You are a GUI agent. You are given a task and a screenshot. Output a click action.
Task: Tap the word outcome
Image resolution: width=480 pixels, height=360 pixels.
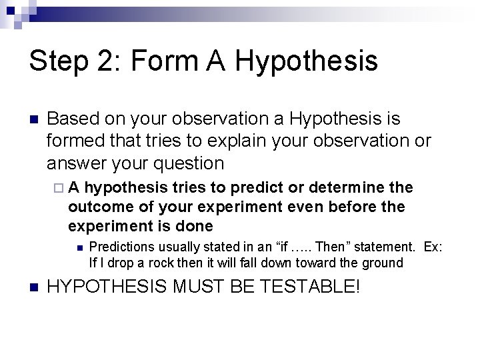tap(95, 207)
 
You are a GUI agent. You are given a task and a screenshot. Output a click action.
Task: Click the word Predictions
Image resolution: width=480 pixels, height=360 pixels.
tap(121, 247)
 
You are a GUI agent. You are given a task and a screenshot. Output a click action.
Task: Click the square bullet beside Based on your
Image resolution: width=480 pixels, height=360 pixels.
tap(32, 120)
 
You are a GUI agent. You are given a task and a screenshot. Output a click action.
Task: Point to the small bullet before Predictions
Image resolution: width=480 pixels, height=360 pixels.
tap(79, 248)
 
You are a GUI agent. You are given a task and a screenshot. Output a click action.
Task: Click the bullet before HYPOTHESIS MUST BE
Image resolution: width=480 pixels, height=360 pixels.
tap(32, 288)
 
